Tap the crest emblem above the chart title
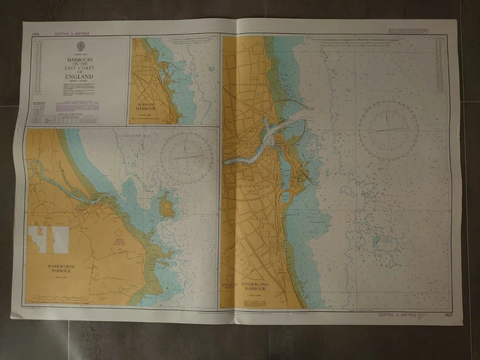[x=79, y=47]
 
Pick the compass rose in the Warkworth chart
[x=187, y=156]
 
